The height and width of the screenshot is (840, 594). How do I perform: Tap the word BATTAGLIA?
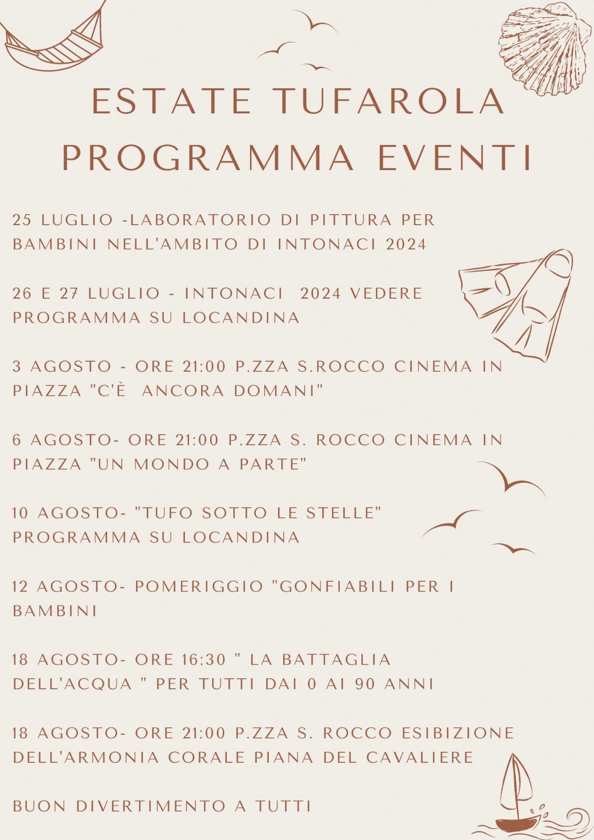point(336,659)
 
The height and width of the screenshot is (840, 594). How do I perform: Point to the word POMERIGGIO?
point(199,586)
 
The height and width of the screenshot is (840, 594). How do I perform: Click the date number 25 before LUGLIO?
point(22,220)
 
